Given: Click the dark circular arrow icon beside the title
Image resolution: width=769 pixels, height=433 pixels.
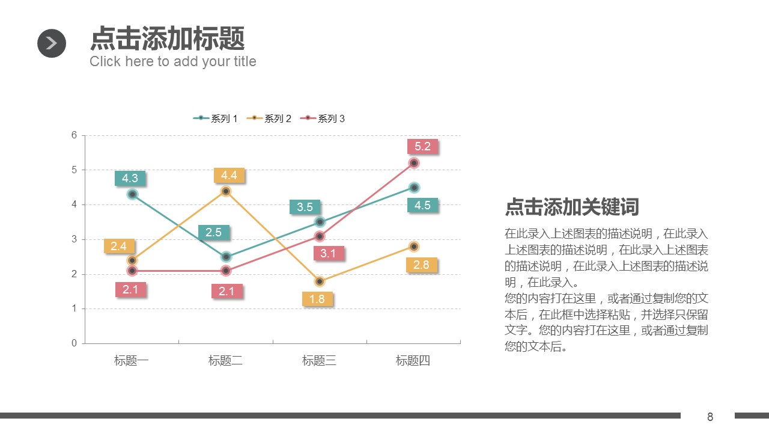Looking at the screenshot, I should click(52, 43).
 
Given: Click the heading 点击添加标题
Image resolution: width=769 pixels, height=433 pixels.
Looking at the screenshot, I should click(167, 38).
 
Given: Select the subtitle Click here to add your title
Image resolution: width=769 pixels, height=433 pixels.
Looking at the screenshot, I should click(173, 61).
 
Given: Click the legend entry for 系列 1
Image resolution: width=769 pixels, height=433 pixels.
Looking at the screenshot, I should click(216, 118).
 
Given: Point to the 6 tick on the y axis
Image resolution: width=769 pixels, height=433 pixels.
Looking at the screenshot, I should click(74, 135).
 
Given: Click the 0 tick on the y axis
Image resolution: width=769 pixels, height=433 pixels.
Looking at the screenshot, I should click(74, 343).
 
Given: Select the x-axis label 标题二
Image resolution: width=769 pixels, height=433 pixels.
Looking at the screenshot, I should click(225, 361).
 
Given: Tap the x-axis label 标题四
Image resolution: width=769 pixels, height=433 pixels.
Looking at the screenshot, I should click(413, 361).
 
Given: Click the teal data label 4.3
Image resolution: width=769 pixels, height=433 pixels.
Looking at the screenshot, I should click(130, 178).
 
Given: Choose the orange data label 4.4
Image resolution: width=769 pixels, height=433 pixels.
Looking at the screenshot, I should click(229, 176).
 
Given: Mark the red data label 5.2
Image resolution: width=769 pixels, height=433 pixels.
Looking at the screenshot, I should click(422, 146).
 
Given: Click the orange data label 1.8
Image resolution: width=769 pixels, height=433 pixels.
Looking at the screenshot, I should click(317, 299).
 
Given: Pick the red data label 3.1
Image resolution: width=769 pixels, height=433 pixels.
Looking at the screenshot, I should click(328, 253).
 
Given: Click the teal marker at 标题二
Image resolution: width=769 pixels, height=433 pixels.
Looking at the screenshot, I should click(226, 257).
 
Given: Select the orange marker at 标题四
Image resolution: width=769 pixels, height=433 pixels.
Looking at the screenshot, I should click(414, 247).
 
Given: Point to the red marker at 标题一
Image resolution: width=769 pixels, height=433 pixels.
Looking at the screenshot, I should click(132, 271).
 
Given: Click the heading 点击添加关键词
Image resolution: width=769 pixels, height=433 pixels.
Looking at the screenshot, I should click(572, 207).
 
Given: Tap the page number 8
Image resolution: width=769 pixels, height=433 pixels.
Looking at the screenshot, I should click(710, 417).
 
